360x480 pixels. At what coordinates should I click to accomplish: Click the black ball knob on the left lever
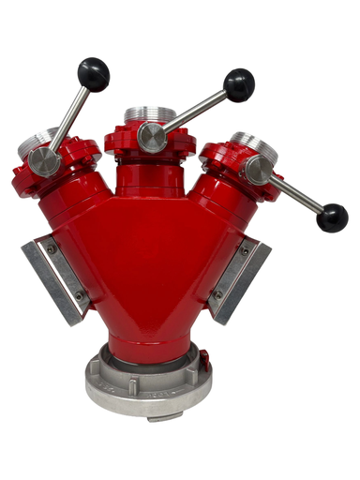93,72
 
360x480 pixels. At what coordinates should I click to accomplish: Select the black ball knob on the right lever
332,217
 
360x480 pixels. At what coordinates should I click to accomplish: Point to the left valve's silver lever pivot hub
44,161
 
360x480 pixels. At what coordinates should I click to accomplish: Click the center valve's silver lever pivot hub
152,137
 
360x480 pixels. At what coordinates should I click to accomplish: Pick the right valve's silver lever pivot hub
259,170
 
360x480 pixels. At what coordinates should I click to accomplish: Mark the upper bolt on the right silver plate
245,251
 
